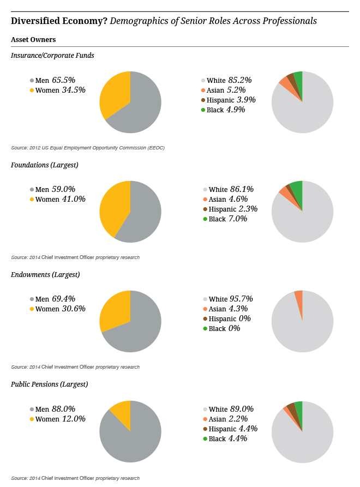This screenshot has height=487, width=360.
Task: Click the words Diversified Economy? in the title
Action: click(x=59, y=21)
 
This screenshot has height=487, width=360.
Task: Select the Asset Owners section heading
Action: click(x=33, y=40)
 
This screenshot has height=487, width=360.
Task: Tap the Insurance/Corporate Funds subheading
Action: click(x=52, y=55)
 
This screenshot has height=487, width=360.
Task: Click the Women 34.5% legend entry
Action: click(x=57, y=90)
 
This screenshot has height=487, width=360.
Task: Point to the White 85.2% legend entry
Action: click(x=226, y=80)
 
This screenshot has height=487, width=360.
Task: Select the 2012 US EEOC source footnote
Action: click(x=88, y=148)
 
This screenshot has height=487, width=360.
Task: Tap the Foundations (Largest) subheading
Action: click(x=45, y=165)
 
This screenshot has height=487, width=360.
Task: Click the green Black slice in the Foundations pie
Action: click(x=297, y=188)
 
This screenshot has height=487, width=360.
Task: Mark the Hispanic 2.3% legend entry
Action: click(x=230, y=209)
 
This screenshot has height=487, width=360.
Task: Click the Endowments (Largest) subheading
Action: click(x=45, y=274)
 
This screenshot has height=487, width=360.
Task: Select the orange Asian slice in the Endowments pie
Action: click(x=299, y=297)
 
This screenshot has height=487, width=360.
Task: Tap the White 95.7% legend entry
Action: click(x=227, y=299)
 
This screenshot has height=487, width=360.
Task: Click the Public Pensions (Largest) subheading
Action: click(x=50, y=384)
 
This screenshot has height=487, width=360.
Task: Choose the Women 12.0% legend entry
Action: click(x=57, y=419)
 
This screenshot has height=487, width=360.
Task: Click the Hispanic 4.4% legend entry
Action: click(x=230, y=429)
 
